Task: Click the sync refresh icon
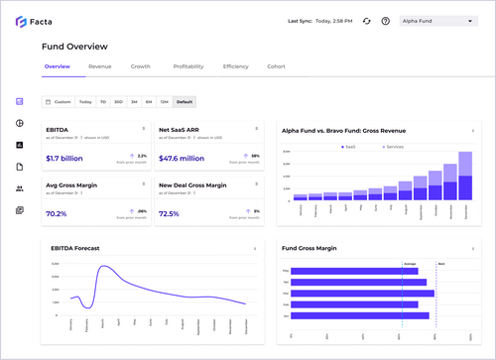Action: [366, 21]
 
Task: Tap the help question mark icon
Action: [385, 21]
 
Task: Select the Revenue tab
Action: [99, 66]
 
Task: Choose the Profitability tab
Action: [188, 66]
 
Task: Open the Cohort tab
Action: [276, 66]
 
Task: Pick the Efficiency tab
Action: [235, 66]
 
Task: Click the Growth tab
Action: [141, 66]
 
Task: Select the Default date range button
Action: [184, 101]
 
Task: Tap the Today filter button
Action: [86, 101]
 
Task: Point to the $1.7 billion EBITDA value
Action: [64, 158]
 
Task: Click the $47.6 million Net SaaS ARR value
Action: [182, 158]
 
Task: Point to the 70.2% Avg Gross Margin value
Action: [57, 213]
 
